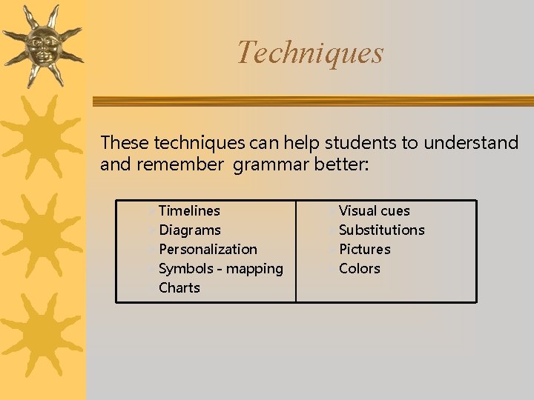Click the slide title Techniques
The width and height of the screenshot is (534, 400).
point(310,53)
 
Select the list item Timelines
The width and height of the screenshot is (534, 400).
point(189,211)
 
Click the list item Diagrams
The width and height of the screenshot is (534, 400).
point(190,230)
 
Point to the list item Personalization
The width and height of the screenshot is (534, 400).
point(208,250)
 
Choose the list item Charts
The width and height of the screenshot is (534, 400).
point(179,288)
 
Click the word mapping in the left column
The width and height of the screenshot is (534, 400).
point(254,269)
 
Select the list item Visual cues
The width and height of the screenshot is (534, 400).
point(374,211)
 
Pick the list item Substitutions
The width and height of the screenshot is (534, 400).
point(381,230)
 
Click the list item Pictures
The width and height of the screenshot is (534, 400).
point(364,250)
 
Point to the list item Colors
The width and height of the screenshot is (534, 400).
point(359,269)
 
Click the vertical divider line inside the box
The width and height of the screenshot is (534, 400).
point(296,251)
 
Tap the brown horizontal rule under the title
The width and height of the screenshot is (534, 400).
point(311,101)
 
